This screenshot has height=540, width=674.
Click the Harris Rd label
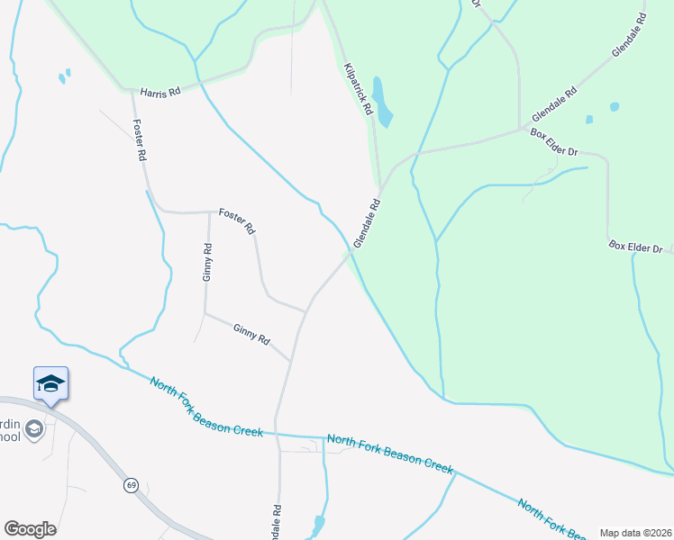160,92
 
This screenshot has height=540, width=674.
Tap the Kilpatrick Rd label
358,87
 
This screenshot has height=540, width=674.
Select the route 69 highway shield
131,484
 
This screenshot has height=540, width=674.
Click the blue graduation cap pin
50,384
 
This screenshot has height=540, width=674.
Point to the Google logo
30,529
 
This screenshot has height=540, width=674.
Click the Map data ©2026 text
634,533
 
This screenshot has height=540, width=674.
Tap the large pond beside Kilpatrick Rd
382,102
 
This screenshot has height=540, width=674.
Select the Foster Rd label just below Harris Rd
140,139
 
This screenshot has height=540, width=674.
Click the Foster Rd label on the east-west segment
238,220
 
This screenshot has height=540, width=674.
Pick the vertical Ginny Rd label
207,263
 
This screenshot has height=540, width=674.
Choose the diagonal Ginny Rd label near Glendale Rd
251,335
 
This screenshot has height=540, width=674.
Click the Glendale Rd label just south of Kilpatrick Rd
368,224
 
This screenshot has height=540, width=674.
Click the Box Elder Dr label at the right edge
635,247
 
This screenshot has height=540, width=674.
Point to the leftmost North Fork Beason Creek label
206,407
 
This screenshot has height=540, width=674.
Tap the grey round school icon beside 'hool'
34,428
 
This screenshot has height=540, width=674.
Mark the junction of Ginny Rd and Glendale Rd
291,362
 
